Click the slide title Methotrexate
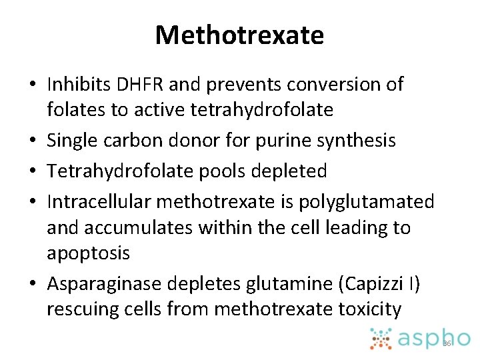tap(239, 35)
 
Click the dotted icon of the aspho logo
tap(381, 338)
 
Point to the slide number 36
tap(447, 343)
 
